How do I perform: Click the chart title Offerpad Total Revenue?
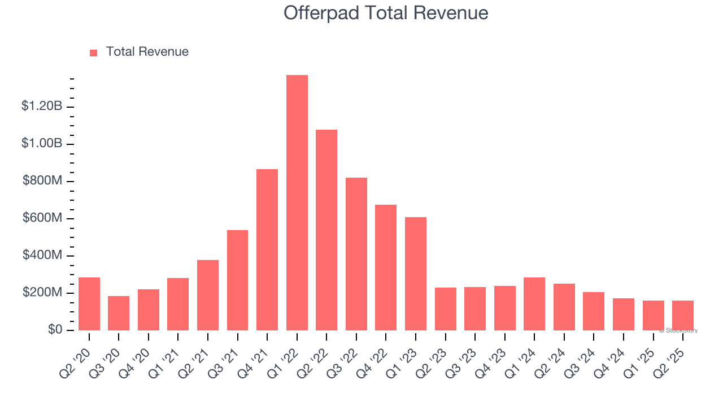(386, 13)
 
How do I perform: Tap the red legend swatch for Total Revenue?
(94, 52)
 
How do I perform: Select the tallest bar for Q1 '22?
(297, 203)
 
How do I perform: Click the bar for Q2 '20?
(89, 304)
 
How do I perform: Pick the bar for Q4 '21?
(267, 250)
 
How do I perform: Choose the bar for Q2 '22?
(326, 230)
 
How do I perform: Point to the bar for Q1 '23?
(416, 274)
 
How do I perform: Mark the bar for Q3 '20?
(119, 314)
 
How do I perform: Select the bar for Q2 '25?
(683, 316)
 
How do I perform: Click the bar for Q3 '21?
(237, 280)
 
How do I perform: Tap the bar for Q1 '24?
(534, 304)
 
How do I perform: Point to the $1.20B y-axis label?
(42, 106)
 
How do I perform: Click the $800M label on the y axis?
(42, 181)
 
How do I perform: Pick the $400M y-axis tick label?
(42, 255)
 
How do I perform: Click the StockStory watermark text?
(678, 330)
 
